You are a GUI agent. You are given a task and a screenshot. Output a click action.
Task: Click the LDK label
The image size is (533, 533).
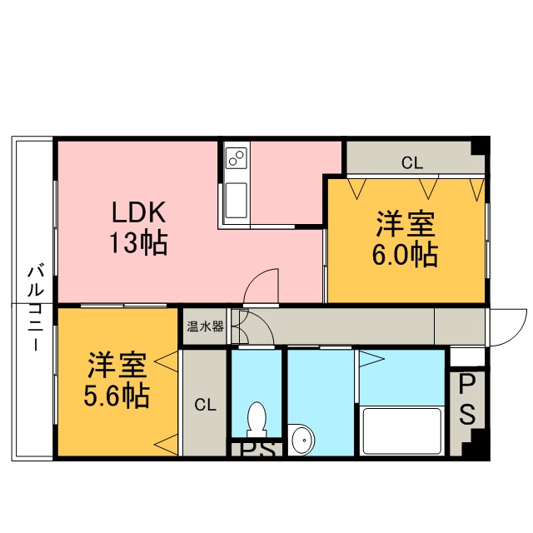tap(139, 212)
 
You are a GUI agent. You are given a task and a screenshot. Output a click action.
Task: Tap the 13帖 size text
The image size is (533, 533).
tap(138, 242)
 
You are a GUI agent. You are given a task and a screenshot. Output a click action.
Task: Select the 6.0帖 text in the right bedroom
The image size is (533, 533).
tap(405, 254)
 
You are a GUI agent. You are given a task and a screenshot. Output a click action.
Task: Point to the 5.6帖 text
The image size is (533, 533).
tap(117, 396)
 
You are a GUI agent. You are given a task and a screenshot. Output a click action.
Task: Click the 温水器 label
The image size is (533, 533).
tap(206, 326)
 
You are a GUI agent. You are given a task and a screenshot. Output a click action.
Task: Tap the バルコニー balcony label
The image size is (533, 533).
tap(36, 308)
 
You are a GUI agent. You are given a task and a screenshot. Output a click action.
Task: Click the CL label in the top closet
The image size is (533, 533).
tap(412, 163)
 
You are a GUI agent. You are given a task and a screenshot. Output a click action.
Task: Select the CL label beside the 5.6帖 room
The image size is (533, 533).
tap(206, 405)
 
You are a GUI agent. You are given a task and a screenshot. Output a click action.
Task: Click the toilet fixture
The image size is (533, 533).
tap(257, 420)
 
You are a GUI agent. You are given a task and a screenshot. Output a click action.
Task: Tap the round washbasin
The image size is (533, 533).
tap(301, 439)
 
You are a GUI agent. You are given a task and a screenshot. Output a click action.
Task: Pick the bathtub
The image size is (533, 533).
tap(401, 431)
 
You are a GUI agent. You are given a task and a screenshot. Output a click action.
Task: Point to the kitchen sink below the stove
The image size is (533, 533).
tap(237, 200)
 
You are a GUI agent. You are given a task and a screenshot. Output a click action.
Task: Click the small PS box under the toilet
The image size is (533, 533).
tap(257, 450)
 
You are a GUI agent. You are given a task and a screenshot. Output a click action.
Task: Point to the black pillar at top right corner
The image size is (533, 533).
tap(481, 146)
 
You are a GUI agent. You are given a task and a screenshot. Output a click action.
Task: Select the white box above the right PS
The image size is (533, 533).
tap(467, 356)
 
